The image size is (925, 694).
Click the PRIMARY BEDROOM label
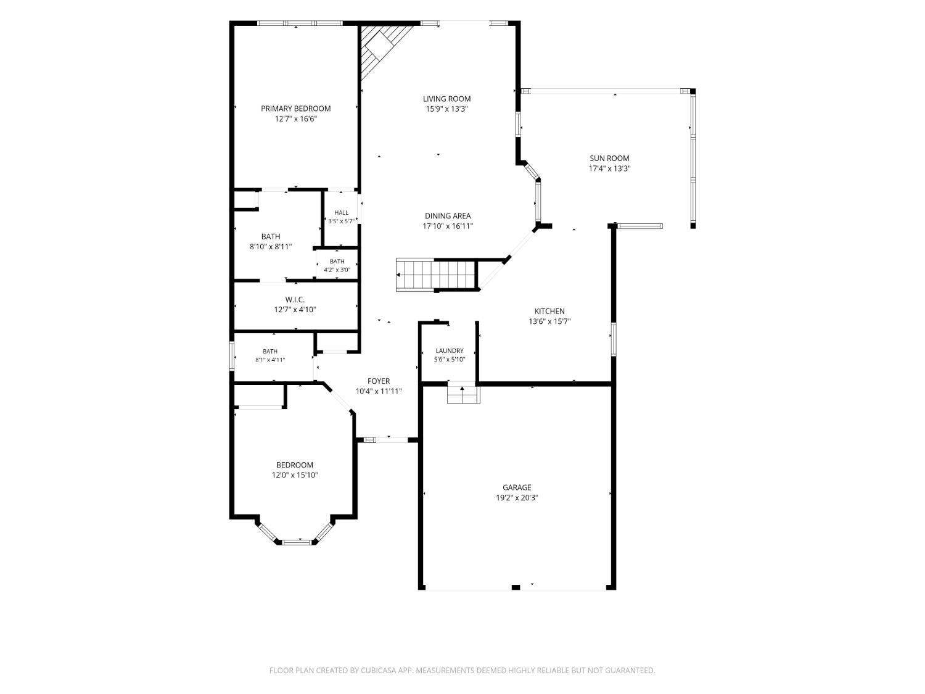295,109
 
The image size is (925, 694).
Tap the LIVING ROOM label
446,99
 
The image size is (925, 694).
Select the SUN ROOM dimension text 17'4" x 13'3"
609,168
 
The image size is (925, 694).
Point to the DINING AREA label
448,216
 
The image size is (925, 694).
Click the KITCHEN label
549,312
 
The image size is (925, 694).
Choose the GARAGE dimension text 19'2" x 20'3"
517,498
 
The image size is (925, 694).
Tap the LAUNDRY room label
449,350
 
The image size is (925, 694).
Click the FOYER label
379,381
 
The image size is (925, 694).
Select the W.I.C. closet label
295,300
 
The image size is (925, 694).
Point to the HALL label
342,212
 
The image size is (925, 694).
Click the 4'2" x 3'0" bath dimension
337,270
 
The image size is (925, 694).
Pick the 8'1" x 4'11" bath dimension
270,360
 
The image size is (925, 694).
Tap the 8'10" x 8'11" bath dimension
271,247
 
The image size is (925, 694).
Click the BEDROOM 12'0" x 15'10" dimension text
295,475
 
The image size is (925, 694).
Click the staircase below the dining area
436,275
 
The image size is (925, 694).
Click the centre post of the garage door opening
516,587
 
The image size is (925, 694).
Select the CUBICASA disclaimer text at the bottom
462,671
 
